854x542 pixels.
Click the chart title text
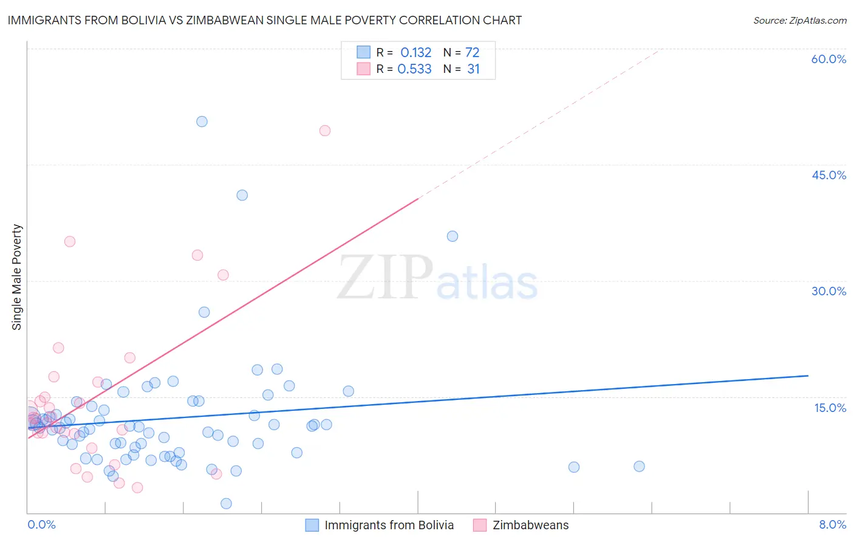coord(264,20)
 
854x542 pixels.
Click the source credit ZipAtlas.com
coord(799,20)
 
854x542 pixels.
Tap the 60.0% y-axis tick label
coord(828,59)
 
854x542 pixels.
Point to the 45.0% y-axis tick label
coord(828,175)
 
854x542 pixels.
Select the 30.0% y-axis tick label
coord(828,291)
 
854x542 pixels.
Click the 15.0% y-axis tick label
coord(830,408)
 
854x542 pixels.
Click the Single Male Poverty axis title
coord(17,277)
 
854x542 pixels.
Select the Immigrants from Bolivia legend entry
coord(389,526)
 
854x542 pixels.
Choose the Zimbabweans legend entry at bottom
coord(530,526)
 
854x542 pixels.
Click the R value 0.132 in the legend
coord(415,53)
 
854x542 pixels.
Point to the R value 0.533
coord(414,69)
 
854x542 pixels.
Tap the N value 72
coord(472,53)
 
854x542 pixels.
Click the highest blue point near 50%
coord(202,122)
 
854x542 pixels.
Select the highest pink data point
coord(325,131)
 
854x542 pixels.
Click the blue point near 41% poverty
coord(242,195)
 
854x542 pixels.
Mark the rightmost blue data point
coord(639,467)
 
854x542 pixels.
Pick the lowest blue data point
coord(226,503)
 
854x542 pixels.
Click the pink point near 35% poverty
coord(70,241)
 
